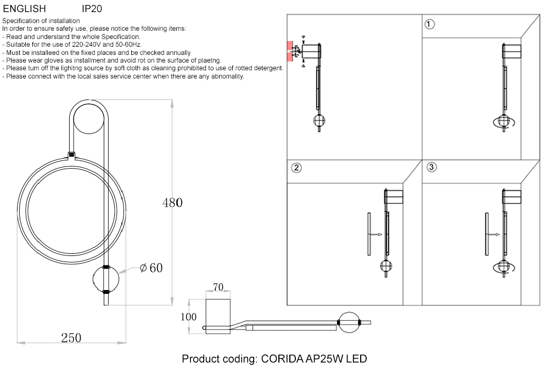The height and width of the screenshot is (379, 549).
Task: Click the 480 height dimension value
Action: [172, 203]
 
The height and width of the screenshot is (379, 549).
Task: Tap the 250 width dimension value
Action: [71, 338]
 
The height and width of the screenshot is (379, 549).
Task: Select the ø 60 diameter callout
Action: [151, 268]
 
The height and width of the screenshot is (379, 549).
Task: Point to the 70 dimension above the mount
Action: [218, 287]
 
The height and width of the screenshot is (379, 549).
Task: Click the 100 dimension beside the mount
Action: [189, 317]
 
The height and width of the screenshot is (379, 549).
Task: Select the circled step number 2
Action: [296, 168]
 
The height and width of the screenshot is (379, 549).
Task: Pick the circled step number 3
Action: [431, 167]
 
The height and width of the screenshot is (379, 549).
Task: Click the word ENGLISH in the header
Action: [24, 9]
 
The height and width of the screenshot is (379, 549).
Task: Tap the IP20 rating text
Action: [92, 9]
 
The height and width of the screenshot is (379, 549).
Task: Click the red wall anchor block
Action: [289, 51]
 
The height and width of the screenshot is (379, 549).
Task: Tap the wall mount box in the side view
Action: [218, 315]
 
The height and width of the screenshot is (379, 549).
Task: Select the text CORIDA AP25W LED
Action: [313, 359]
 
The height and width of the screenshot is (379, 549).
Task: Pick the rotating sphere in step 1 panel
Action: [503, 122]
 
